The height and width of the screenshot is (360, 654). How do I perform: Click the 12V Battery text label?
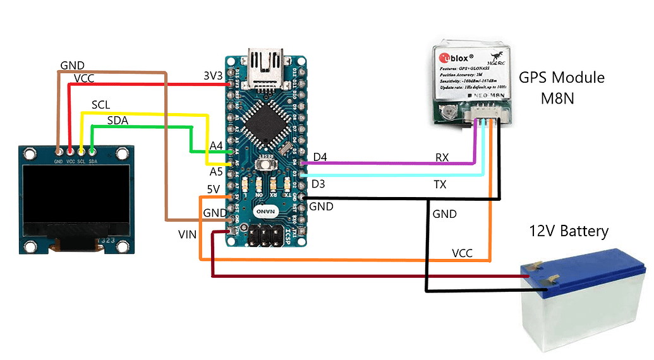pyautogui.click(x=568, y=231)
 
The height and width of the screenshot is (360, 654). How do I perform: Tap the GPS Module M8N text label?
pyautogui.click(x=561, y=88)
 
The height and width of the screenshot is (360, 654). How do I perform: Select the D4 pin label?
pyautogui.click(x=320, y=157)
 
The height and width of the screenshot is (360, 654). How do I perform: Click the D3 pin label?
pyautogui.click(x=320, y=184)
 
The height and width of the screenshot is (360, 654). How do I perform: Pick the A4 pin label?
pyautogui.click(x=216, y=147)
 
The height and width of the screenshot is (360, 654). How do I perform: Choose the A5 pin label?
pyautogui.click(x=216, y=172)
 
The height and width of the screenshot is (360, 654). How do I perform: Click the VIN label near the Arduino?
pyautogui.click(x=187, y=235)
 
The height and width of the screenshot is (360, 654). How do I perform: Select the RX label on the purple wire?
pyautogui.click(x=442, y=157)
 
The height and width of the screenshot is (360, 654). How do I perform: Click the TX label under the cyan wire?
pyautogui.click(x=440, y=184)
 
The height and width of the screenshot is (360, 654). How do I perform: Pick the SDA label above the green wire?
pyautogui.click(x=119, y=120)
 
